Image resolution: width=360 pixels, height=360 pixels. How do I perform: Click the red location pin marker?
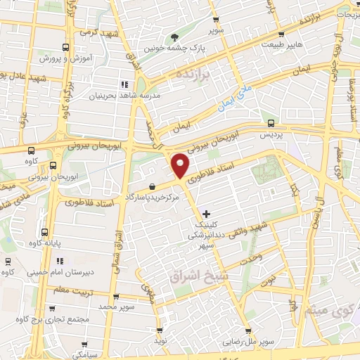(x=181, y=165)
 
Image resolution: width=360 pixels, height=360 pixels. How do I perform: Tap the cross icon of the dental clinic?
(x=205, y=213)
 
